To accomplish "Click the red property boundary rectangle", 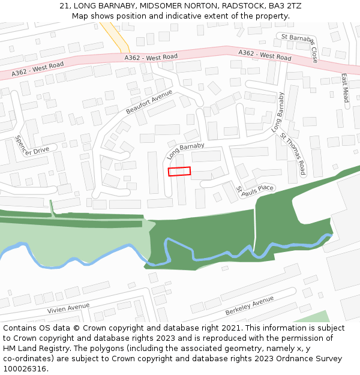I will coord(179,171).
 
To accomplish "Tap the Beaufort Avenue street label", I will coord(149,102).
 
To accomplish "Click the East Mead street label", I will coord(344,88).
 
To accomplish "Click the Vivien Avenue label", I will coord(68,308).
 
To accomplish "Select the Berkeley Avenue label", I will coord(250,305).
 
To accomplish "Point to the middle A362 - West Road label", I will coord(151,57).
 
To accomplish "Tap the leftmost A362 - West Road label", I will coord(37,69).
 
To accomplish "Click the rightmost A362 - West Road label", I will coord(265,55).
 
